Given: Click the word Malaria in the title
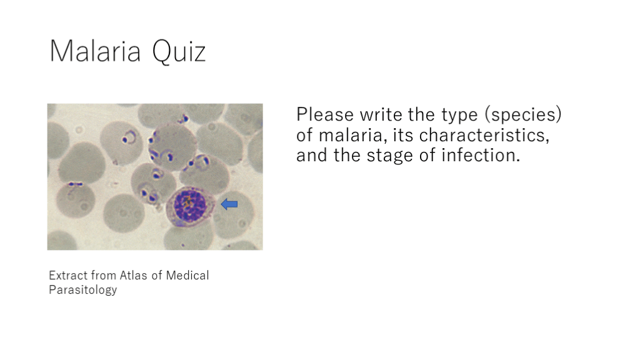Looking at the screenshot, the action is tap(95, 51).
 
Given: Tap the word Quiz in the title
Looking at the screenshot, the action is tap(179, 52).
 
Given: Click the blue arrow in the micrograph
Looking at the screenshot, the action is tap(229, 204).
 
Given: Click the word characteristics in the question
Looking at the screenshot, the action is tap(484, 135).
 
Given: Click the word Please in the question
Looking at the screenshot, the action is tap(325, 115).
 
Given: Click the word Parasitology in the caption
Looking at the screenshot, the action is tap(83, 290).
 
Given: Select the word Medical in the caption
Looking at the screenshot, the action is tap(187, 276).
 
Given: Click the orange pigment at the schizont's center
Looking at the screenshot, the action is tap(187, 201).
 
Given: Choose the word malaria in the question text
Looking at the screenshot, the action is tap(353, 135).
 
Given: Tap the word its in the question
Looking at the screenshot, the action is tap(403, 135).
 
